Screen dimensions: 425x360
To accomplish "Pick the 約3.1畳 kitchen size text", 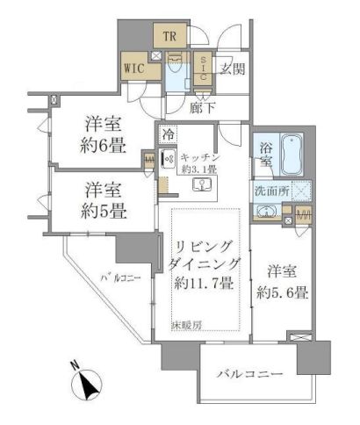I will click(212, 170).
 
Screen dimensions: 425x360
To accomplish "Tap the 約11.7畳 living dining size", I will click(205, 283).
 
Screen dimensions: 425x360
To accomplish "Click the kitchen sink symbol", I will click(199, 185).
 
